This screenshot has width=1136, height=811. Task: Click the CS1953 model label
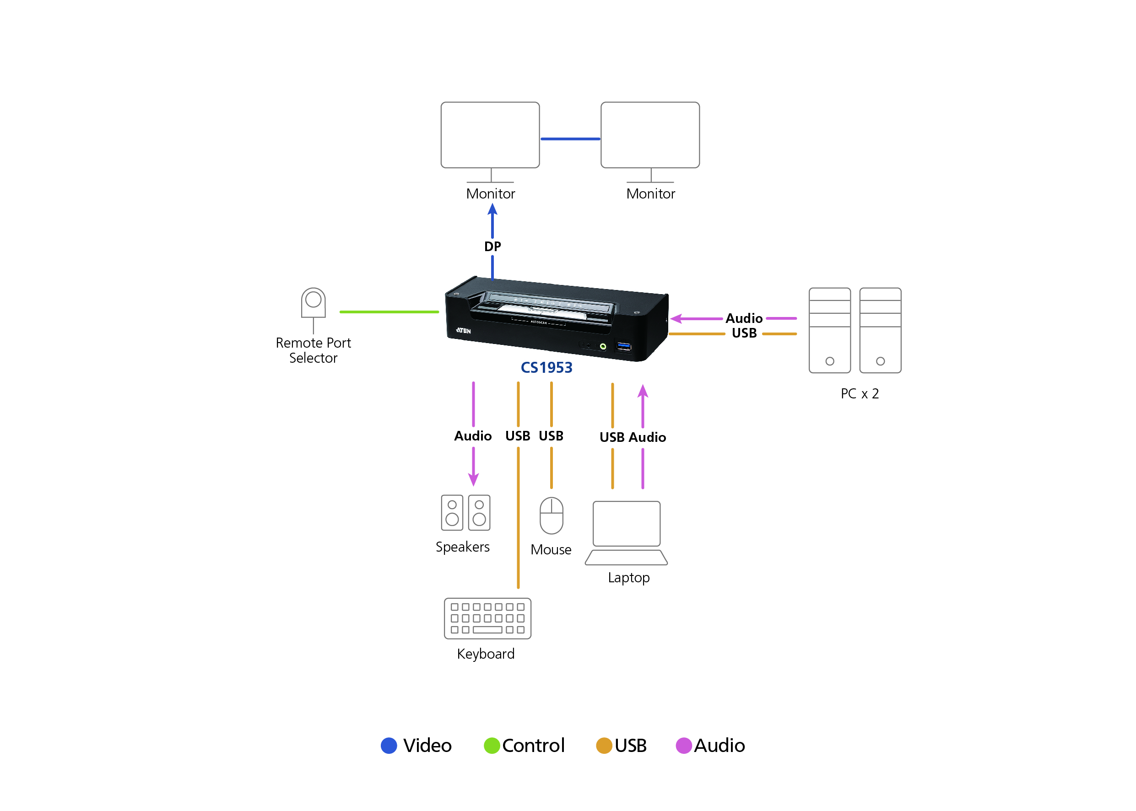[546, 368]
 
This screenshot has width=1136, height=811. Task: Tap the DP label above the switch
[492, 246]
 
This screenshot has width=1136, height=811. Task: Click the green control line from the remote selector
[389, 312]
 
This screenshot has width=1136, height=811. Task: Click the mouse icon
[551, 516]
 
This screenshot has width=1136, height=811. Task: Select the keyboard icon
[487, 618]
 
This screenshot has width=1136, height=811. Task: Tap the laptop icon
[626, 532]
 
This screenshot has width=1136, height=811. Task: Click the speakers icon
[465, 512]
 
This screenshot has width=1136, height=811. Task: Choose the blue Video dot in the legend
[389, 745]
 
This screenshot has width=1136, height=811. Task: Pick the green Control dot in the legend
[492, 745]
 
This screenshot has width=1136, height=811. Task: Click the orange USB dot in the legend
[604, 745]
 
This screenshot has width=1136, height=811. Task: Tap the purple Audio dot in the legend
[683, 745]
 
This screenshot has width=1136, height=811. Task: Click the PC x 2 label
[859, 393]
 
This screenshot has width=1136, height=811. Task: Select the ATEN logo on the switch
[463, 331]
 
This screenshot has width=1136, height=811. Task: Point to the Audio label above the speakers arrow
[473, 436]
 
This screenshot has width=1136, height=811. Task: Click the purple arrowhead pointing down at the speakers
[473, 480]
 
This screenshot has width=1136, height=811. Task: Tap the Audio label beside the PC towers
[744, 318]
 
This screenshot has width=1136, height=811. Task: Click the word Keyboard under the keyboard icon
[486, 654]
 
